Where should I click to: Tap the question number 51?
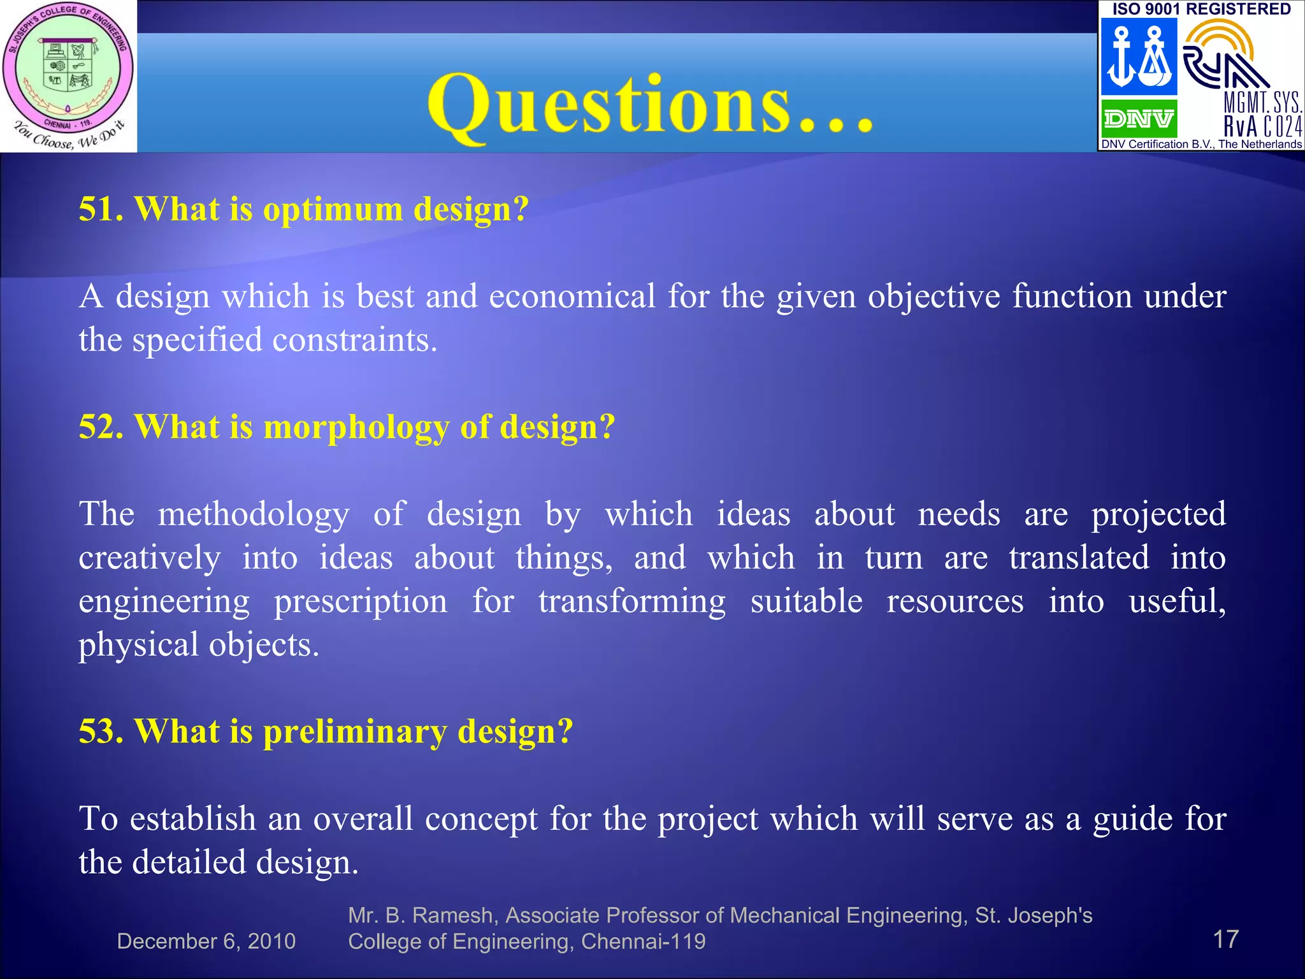pos(101,209)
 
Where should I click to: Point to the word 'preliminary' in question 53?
pos(355,732)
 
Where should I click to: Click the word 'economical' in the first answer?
pos(572,296)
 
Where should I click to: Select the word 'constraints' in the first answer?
pos(354,340)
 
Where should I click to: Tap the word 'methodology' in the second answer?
pos(254,515)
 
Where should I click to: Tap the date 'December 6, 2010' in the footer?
pos(206,941)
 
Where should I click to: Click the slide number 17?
pos(1225,939)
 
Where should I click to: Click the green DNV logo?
pos(1139,119)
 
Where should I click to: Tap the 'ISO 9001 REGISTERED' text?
pos(1201,9)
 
